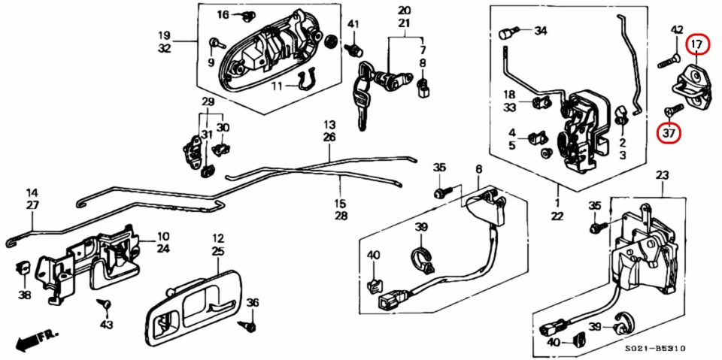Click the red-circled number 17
point(698,44)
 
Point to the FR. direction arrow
point(33,341)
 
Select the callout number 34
point(541,32)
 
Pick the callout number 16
point(223,15)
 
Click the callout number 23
point(662,175)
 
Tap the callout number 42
point(677,30)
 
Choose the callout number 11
point(278,86)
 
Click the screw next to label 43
point(105,305)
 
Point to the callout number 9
point(211,62)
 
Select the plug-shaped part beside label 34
point(508,33)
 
